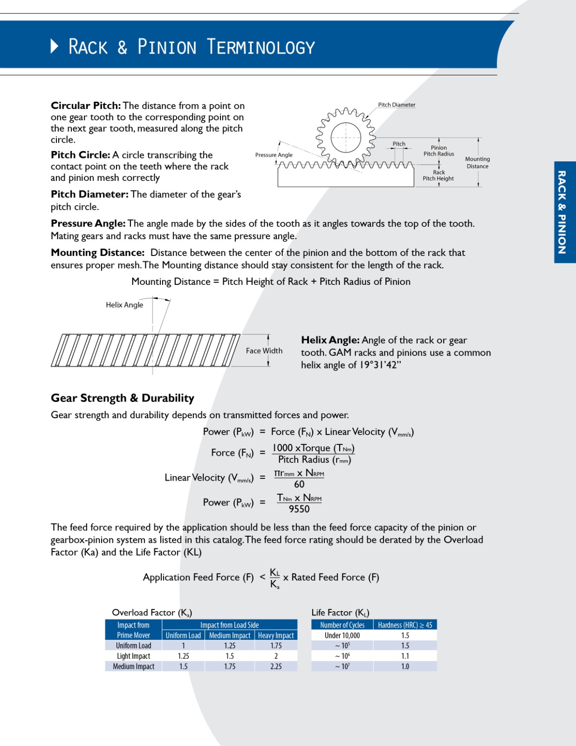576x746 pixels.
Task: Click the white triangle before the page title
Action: [55, 46]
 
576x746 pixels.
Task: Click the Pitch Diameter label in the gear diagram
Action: [397, 105]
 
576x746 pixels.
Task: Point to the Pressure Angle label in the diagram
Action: [274, 155]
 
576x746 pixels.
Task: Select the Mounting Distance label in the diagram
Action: [477, 162]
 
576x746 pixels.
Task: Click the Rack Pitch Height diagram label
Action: [438, 175]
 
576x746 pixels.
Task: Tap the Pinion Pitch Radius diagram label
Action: [439, 151]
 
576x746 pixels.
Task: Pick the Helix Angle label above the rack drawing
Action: [124, 305]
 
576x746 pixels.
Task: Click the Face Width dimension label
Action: [264, 351]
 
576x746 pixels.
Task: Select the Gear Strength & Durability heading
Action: [122, 398]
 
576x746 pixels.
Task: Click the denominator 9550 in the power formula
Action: [299, 509]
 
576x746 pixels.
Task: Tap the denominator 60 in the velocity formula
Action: [299, 484]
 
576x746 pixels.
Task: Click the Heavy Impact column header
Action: [276, 635]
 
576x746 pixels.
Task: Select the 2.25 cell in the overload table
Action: [276, 666]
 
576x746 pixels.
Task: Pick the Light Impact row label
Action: [133, 656]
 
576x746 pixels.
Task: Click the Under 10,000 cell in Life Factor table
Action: [342, 635]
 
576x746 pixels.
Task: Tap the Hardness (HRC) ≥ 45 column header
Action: [405, 625]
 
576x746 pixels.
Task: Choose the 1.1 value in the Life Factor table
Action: [405, 656]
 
